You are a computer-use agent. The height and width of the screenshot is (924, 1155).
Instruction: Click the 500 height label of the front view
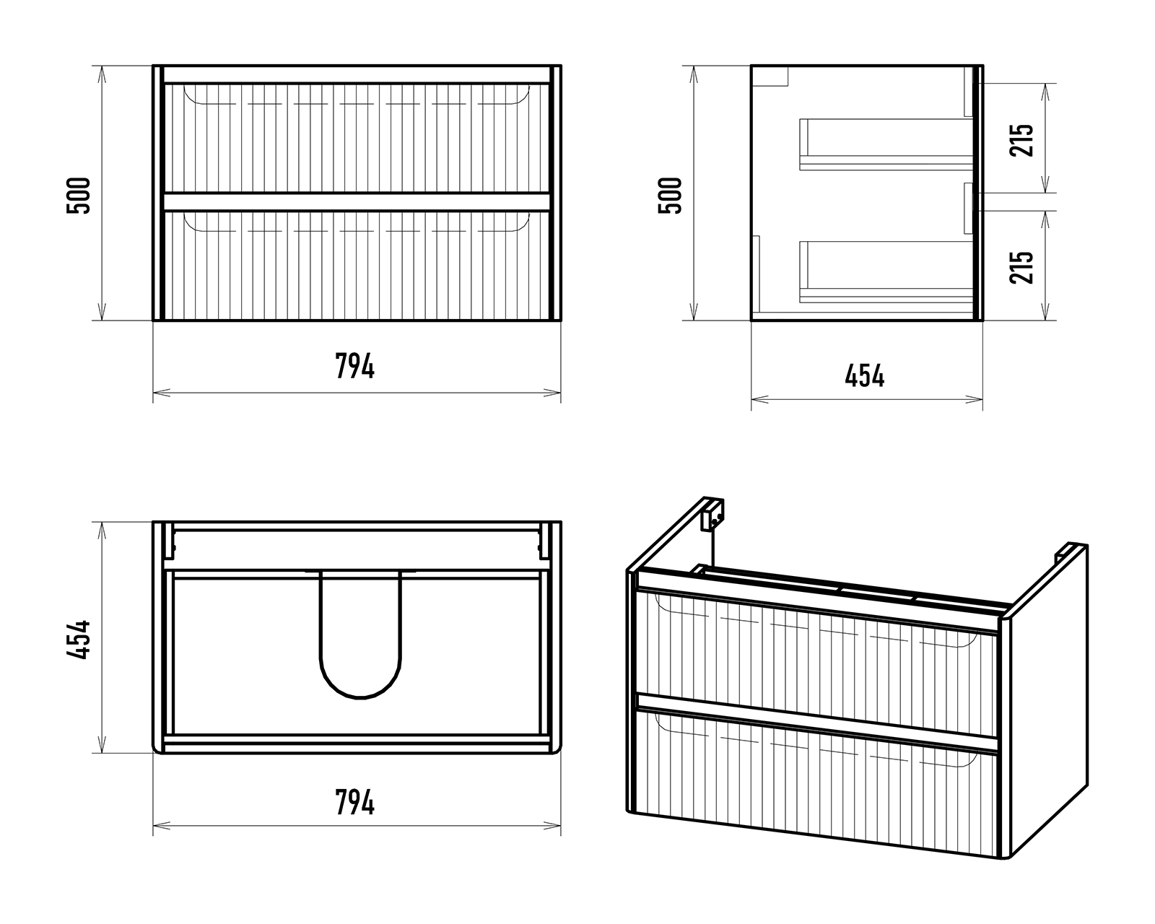pos(79,196)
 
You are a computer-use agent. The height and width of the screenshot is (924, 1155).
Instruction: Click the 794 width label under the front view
pos(354,366)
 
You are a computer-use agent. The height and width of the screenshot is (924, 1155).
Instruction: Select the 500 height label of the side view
pos(670,196)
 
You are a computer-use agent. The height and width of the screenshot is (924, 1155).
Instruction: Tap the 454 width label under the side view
pos(865,375)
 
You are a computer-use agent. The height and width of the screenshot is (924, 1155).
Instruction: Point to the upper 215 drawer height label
pos(1021,140)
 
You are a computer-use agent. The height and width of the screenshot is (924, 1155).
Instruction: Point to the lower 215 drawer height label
pos(1021,267)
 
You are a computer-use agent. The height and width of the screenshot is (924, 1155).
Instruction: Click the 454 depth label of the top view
pos(79,640)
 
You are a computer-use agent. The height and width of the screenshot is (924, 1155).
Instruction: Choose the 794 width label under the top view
pos(354,803)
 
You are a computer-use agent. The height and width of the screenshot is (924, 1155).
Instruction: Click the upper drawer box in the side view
pos(886,144)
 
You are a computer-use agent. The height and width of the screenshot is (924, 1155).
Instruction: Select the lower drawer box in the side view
pos(886,272)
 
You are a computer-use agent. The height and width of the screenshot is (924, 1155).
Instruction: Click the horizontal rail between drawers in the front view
pos(357,201)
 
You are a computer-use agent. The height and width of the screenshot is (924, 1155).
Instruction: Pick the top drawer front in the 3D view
pos(816,663)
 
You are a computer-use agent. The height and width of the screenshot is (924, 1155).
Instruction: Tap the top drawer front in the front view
pos(357,138)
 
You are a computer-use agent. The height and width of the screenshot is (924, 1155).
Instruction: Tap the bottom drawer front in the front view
pos(357,266)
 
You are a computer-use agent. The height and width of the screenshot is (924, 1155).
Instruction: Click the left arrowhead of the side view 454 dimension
pos(759,399)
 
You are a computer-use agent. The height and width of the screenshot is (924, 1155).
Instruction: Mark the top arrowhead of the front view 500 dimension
pos(102,74)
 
